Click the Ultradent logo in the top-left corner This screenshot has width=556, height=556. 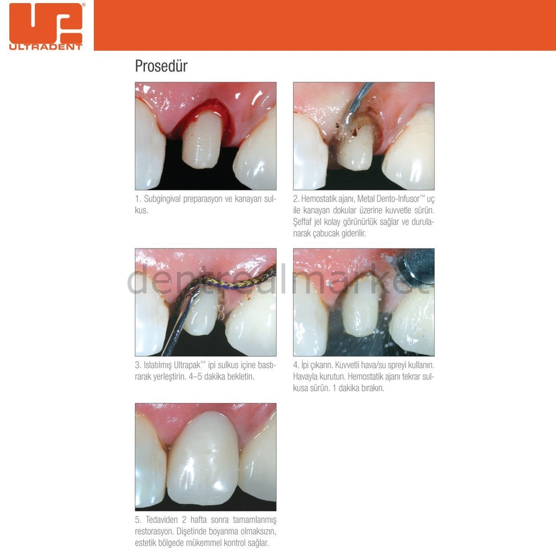coord(45,26)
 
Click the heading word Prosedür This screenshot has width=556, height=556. coord(161,66)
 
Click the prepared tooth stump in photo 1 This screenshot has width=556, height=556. coord(202,139)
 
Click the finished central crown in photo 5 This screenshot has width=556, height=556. coord(204,459)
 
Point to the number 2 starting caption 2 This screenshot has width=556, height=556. coord(296,199)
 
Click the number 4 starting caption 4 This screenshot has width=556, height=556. coord(296,365)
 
